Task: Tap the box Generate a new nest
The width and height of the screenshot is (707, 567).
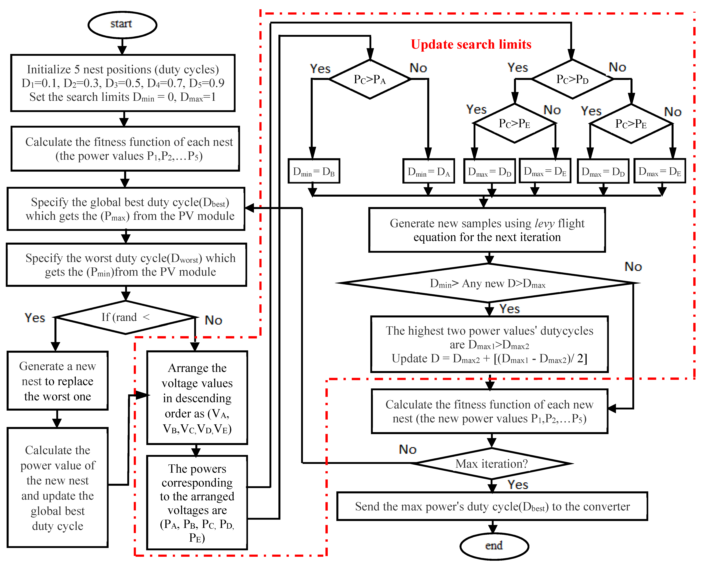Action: (57, 381)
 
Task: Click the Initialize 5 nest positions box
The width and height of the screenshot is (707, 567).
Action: (123, 83)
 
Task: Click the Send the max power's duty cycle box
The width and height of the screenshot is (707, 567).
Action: (492, 507)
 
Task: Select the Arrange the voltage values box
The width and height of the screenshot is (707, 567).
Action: (197, 398)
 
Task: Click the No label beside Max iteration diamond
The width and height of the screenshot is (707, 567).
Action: (407, 449)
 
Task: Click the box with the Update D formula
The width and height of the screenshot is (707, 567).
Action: (489, 344)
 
